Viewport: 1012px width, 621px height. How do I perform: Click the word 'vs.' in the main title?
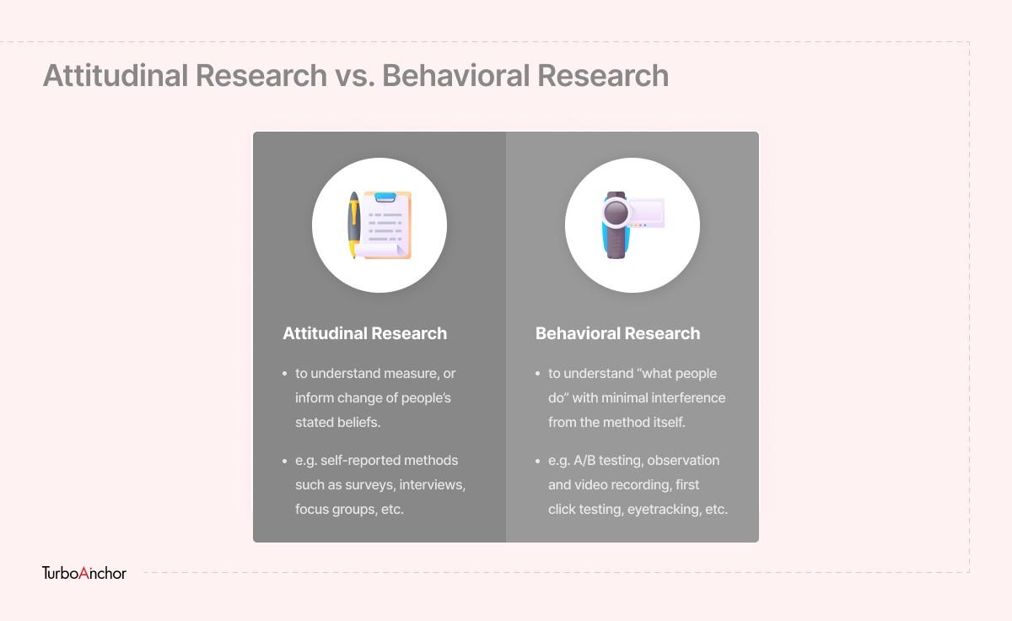[355, 75]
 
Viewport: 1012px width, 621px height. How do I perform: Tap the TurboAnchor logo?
[84, 573]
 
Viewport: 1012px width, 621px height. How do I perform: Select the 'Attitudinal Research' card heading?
[365, 333]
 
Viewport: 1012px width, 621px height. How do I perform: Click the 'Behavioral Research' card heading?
[617, 333]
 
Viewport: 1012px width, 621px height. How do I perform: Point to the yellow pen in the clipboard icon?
[353, 224]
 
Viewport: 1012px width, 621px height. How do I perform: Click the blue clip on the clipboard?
[385, 197]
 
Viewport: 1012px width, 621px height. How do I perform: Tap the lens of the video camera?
[616, 212]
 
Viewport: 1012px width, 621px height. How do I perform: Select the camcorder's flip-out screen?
[646, 212]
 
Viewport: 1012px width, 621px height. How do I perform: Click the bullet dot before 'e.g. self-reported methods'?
[285, 461]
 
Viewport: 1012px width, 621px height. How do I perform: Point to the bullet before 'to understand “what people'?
[538, 374]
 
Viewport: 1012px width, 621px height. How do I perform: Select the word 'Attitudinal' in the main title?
[116, 75]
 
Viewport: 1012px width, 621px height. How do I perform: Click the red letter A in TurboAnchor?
[84, 573]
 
